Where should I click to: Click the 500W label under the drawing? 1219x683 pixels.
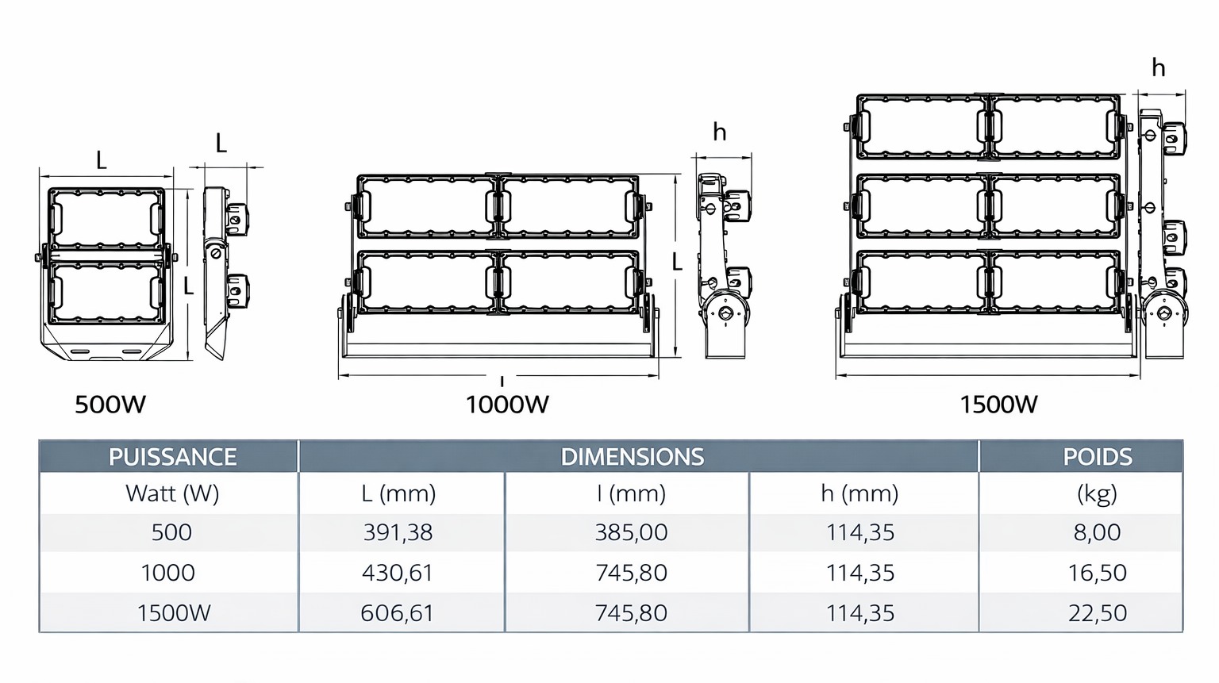[x=110, y=405]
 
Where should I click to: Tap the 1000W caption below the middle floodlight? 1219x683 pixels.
[x=507, y=405]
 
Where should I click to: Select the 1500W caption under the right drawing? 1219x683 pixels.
[x=998, y=405]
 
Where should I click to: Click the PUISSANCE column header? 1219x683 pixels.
[x=172, y=457]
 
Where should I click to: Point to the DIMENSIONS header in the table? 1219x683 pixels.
[x=633, y=457]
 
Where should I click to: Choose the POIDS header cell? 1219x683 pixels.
[x=1097, y=457]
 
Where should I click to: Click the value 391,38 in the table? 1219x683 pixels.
[x=398, y=532]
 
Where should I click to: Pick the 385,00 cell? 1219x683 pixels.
[x=631, y=532]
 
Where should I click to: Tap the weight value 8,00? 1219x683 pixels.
[x=1097, y=532]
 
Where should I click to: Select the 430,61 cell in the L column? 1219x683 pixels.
[x=398, y=573]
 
